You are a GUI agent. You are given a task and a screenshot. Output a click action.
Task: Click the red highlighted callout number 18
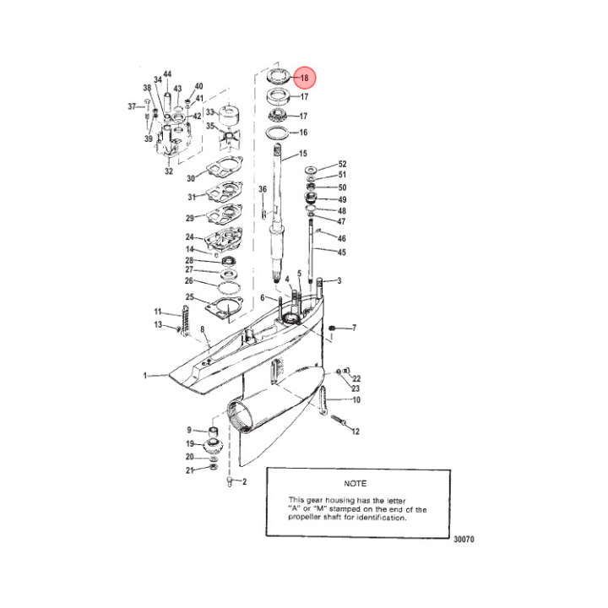click(304, 78)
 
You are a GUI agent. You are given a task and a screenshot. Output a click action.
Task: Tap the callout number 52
click(342, 164)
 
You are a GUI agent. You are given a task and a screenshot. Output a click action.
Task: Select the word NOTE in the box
click(356, 484)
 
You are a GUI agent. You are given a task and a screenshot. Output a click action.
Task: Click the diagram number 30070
click(464, 539)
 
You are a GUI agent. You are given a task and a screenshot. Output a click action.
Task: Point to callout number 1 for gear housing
click(145, 375)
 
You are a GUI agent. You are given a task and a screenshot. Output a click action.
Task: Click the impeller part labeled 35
click(229, 138)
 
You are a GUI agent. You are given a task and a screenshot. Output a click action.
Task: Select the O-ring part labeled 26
click(230, 289)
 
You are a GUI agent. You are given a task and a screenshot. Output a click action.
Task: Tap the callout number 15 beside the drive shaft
click(303, 154)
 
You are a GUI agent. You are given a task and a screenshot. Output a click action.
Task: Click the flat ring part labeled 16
click(277, 133)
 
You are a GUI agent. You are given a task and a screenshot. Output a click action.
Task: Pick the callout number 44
click(167, 74)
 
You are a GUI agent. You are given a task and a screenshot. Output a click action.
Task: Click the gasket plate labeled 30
click(224, 166)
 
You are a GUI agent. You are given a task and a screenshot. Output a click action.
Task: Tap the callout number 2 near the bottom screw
click(244, 481)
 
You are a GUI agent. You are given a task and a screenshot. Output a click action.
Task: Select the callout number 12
click(356, 432)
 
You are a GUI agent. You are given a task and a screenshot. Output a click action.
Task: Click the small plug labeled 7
click(332, 328)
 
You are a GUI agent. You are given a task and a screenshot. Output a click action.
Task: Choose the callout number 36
click(263, 189)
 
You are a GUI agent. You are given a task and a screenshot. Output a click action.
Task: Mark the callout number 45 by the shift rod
click(341, 252)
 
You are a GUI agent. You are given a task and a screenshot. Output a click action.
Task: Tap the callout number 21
click(190, 470)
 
